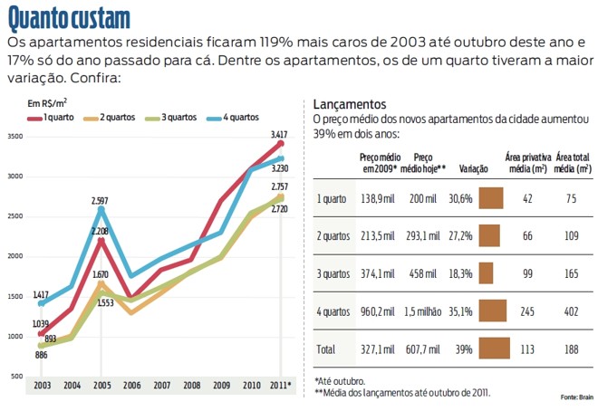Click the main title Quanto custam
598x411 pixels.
[69, 17]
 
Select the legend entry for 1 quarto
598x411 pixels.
[55, 118]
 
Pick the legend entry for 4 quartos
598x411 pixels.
[234, 118]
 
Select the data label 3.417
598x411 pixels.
[279, 135]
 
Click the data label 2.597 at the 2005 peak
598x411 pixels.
[100, 200]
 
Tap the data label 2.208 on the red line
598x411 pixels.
[100, 231]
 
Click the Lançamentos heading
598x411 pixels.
[349, 104]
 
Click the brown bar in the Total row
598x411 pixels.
[494, 349]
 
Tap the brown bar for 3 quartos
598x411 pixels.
[486, 272]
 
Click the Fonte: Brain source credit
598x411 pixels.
[576, 397]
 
